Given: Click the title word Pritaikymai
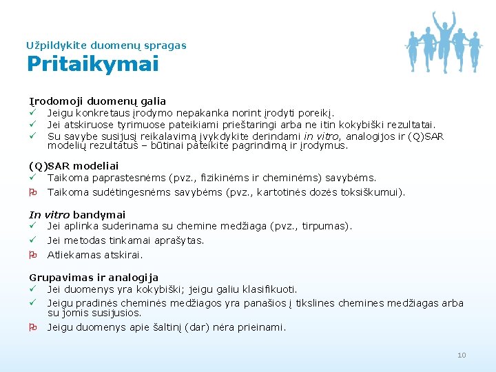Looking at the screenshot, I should click(92, 64).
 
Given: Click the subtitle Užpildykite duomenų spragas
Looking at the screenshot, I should click(106, 45).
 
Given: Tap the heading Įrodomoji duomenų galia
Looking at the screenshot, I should click(97, 101).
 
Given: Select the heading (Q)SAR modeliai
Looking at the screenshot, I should click(74, 166).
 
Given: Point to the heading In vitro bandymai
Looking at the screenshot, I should click(77, 215).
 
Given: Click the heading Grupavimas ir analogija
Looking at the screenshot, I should click(94, 278).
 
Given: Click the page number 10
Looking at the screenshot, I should click(462, 355).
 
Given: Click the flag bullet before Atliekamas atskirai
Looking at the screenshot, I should click(32, 255).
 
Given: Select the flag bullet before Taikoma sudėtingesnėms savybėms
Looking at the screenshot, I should click(32, 192).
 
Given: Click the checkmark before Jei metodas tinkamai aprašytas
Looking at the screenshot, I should click(32, 240).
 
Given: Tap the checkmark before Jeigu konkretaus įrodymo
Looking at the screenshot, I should click(32, 113).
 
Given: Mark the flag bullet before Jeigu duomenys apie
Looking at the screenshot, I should click(32, 327).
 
